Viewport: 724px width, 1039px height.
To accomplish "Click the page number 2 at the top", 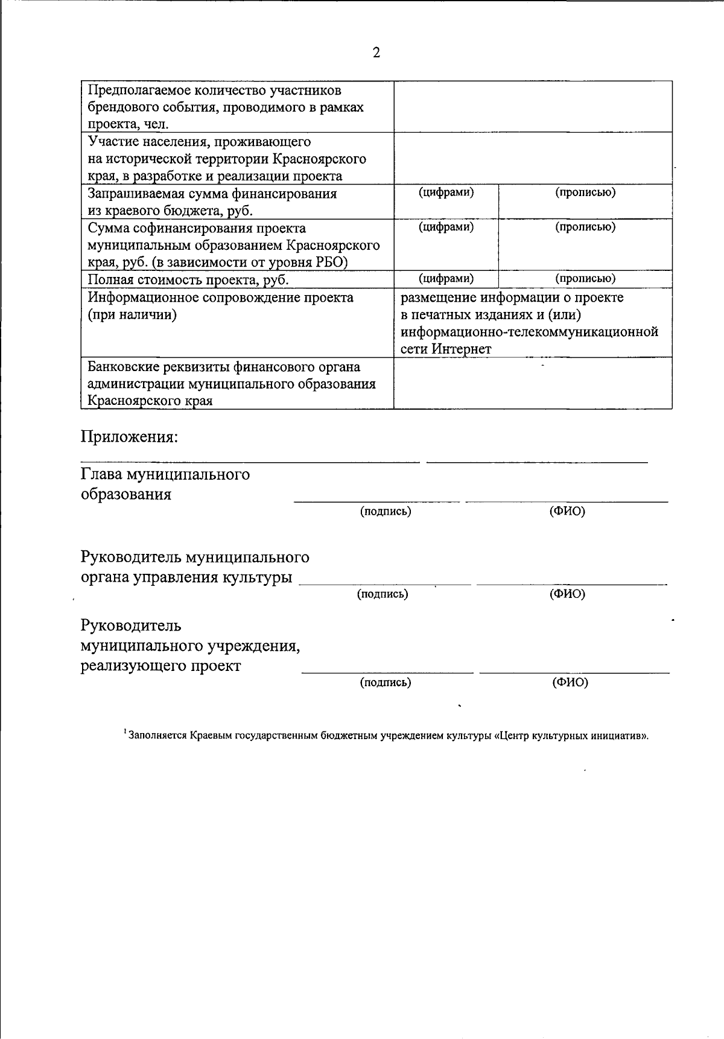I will (x=376, y=53).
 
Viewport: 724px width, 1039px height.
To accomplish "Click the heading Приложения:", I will (x=130, y=437).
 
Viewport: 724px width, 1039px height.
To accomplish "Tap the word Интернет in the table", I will (x=462, y=349).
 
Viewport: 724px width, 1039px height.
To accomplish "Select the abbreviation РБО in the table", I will (x=331, y=262).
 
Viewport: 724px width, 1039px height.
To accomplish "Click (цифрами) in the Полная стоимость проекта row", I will (x=446, y=278).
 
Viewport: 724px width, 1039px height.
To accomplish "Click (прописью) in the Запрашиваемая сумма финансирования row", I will (x=585, y=192).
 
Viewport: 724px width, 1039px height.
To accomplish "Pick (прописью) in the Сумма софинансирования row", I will (x=585, y=227).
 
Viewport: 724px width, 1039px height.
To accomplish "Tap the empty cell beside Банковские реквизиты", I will (x=533, y=384).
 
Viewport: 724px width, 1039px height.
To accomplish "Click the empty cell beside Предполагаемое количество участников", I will (x=533, y=107).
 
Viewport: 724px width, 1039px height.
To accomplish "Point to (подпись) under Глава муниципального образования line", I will (x=386, y=512).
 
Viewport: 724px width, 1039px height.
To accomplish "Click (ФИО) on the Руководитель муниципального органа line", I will (x=567, y=594).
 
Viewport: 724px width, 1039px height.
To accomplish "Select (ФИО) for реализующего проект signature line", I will (x=570, y=682).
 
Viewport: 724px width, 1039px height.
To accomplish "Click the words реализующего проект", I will (x=160, y=666).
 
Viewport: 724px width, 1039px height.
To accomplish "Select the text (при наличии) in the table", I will (x=132, y=315).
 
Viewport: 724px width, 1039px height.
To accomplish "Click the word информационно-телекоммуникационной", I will (x=529, y=332).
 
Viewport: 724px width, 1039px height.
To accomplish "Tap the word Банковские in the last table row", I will (x=124, y=367).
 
